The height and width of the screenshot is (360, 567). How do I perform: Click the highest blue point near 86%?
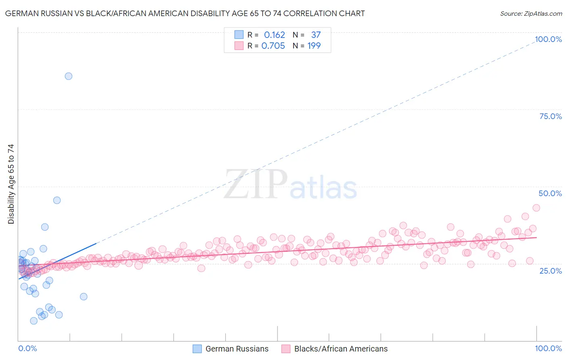[x=69, y=76]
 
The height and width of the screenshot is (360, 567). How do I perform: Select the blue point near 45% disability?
[x=57, y=200]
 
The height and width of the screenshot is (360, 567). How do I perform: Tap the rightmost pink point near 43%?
[x=536, y=208]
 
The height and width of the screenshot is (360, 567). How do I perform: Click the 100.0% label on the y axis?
[x=548, y=39]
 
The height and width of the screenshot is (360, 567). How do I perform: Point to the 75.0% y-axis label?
[x=550, y=116]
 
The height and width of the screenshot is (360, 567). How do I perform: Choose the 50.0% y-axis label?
[x=550, y=193]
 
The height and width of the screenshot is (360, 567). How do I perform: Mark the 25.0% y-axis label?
[x=550, y=270]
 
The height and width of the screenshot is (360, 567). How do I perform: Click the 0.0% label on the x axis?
[x=27, y=349]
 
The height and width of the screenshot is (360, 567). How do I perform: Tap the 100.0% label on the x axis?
[x=548, y=349]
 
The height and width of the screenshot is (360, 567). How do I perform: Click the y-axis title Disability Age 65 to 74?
[x=11, y=184]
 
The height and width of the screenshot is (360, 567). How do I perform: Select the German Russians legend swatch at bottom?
[x=197, y=349]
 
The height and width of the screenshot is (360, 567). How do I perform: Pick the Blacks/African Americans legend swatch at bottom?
[x=286, y=349]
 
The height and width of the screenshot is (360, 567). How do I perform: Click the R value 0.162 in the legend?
[x=274, y=35]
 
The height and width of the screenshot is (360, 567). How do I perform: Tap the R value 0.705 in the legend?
[x=273, y=46]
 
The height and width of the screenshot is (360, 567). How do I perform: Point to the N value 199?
[x=314, y=46]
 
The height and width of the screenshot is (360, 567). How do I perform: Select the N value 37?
[x=316, y=35]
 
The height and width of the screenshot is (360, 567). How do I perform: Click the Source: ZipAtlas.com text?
[x=531, y=14]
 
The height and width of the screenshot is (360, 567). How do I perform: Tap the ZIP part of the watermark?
[x=255, y=184]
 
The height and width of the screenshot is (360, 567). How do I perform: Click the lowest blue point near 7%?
[x=34, y=321]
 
